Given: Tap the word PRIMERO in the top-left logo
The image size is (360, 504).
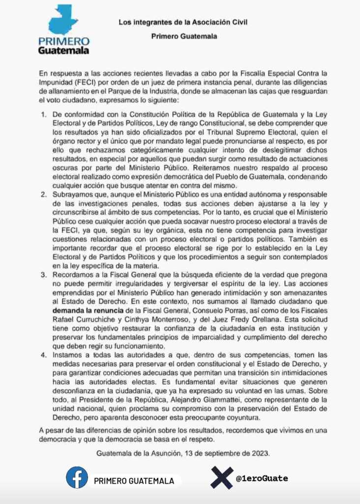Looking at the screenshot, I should click(x=63, y=41).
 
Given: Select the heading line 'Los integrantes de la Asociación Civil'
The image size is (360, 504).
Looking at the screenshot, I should click(x=183, y=22).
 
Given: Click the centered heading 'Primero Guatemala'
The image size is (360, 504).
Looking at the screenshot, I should click(x=184, y=36).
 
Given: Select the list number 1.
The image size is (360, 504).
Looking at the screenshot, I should click(x=43, y=114).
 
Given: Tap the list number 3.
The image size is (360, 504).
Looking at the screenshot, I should click(x=43, y=274).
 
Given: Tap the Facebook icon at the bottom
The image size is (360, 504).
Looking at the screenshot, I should click(x=77, y=477).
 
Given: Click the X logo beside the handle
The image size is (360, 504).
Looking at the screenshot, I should click(x=222, y=478).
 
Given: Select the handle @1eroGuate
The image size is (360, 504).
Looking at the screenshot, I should click(x=262, y=478).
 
